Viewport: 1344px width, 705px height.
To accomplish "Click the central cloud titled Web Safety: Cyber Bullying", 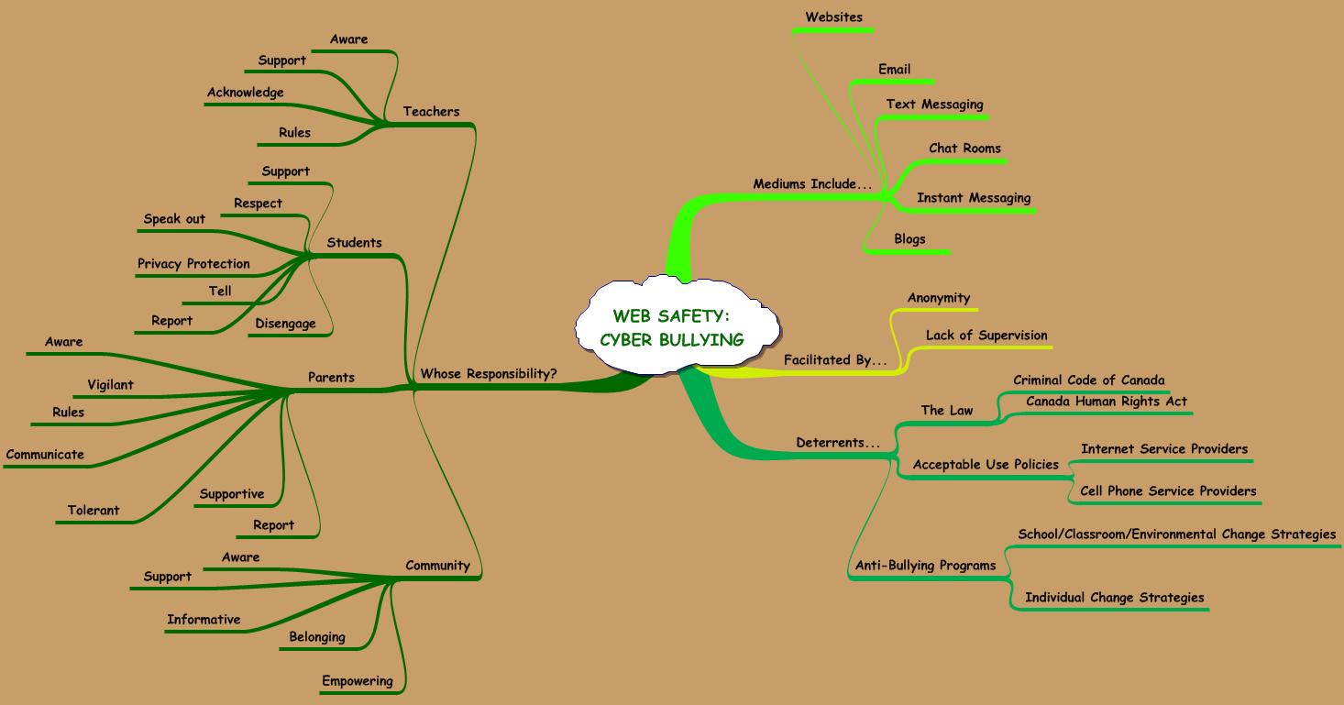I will (672, 328).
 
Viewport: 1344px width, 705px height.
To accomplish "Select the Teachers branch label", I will (431, 112).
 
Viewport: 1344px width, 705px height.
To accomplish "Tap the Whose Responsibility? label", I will (488, 373).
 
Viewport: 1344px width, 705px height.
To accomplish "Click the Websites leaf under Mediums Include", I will (833, 17).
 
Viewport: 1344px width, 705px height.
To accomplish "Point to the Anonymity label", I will (938, 298).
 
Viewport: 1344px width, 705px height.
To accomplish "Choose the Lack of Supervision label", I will (986, 336).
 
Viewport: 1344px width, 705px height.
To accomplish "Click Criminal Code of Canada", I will (1088, 380).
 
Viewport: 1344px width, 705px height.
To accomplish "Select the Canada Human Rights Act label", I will (1106, 402).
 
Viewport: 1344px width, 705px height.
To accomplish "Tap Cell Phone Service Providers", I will (1167, 491).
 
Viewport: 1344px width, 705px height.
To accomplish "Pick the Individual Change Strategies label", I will (1114, 598).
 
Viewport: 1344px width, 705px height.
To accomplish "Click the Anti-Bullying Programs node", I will (924, 566).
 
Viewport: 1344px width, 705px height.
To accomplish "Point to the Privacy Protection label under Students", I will (193, 264).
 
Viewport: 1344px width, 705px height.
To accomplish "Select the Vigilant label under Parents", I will (110, 385).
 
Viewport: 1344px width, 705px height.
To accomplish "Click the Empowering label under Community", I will (357, 681).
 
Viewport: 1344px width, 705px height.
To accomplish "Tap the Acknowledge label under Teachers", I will (245, 93).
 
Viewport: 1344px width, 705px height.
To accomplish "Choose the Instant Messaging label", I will (973, 198).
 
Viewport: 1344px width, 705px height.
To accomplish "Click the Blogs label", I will (909, 239).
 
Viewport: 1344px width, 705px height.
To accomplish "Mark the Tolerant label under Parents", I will (94, 511).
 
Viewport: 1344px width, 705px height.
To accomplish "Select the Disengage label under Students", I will (285, 324).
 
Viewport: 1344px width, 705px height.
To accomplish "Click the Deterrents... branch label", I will (837, 443).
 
